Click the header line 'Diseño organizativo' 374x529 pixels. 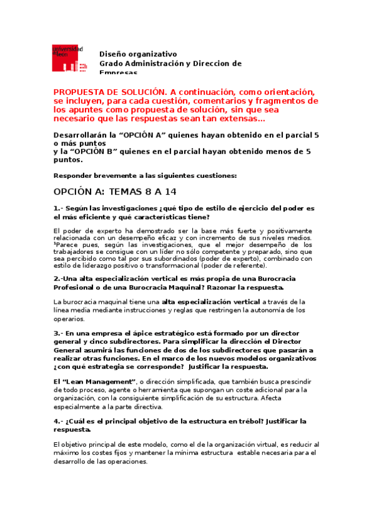point(138,54)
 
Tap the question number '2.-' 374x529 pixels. point(58,278)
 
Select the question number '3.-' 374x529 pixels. point(58,333)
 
